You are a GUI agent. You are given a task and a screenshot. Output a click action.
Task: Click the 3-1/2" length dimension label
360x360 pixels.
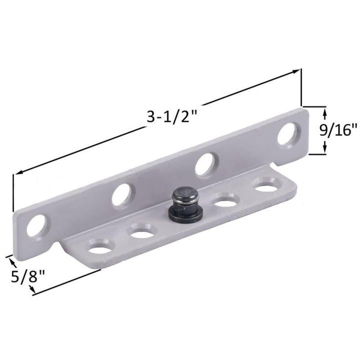coord(171,117)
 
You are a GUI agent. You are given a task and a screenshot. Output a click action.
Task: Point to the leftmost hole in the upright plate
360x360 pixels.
coord(37,225)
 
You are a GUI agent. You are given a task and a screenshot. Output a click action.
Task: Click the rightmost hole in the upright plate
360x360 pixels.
coord(288,134)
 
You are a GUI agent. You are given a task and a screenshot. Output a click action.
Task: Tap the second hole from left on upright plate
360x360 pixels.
coord(122,194)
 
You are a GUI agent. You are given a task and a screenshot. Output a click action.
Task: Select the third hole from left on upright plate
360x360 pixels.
coord(205,164)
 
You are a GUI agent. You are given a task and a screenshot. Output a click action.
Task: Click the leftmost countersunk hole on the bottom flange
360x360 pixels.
coord(100,246)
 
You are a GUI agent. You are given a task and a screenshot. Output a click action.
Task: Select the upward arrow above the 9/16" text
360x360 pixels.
coord(325,115)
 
